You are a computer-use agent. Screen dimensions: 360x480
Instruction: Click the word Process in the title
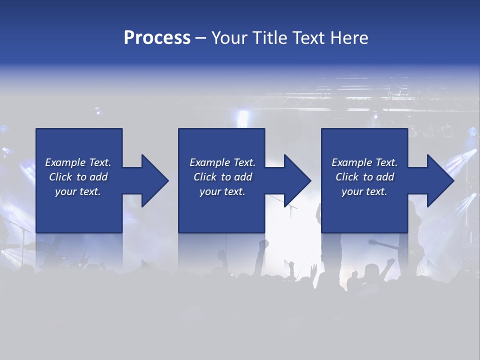[x=157, y=38]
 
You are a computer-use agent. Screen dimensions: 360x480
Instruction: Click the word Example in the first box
[x=65, y=162]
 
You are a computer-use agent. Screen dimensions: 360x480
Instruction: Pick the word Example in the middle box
[x=209, y=162]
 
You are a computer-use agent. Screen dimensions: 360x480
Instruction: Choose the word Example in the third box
[x=351, y=162]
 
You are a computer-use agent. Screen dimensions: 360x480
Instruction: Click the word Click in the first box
[x=60, y=177]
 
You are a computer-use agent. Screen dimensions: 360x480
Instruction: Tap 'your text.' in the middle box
[x=222, y=191]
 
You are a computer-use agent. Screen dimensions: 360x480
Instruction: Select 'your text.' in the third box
[x=364, y=191]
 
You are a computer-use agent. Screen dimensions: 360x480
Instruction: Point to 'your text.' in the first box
[x=77, y=191]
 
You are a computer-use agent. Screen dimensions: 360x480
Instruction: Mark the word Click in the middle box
[x=205, y=177]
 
